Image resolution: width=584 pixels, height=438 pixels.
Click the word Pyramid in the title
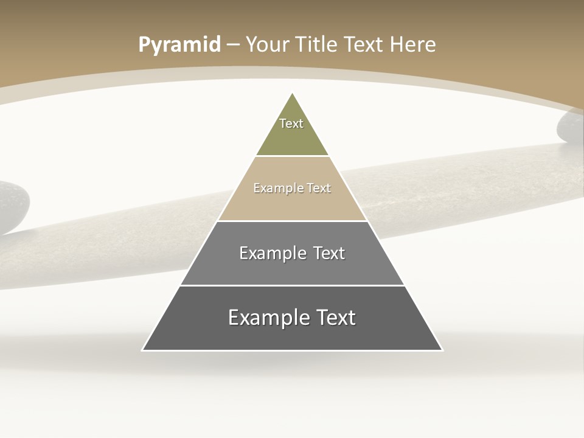coord(179,45)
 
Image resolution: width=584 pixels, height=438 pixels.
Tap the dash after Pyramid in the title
coord(232,45)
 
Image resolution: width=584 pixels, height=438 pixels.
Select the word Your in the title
coord(267,45)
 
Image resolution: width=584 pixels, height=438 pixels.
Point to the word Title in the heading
coord(316,45)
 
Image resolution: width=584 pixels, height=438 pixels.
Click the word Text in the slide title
coord(365,45)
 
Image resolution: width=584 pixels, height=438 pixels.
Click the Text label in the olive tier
coord(291,123)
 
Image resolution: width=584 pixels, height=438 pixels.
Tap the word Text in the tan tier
coord(319,188)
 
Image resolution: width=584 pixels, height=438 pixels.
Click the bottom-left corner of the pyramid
coord(144,350)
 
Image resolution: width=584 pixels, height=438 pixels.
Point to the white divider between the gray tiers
coord(292,285)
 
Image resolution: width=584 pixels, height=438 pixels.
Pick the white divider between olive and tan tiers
coord(292,156)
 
